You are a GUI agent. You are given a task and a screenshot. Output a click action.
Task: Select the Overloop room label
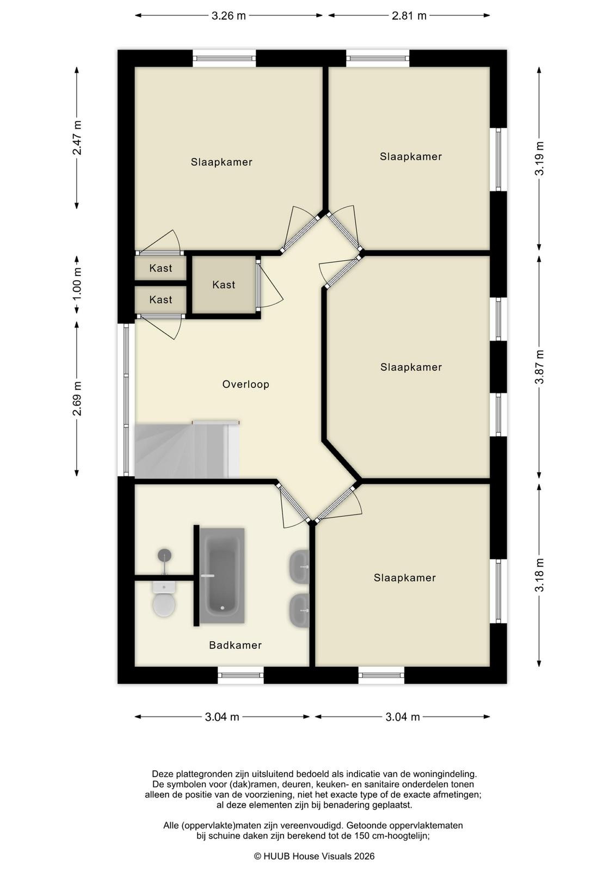coord(245,384)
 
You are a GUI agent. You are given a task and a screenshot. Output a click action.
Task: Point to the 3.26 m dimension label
coord(229,16)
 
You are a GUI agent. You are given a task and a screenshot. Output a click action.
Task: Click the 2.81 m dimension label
coord(409,16)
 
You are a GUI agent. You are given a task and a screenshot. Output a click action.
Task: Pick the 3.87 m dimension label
coord(539,367)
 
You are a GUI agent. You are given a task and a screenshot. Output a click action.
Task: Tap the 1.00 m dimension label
coord(77,284)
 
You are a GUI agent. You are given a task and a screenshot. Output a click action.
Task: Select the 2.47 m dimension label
coord(77,138)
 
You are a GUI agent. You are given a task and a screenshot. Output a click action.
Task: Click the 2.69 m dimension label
coord(77,398)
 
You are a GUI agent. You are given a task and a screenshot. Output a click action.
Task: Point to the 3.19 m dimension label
coord(539,158)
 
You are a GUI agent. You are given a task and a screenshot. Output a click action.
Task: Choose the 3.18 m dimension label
coord(539,574)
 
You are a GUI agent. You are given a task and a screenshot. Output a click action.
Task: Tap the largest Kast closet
coord(224,285)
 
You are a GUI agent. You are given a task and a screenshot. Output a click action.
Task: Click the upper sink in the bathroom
coord(299,567)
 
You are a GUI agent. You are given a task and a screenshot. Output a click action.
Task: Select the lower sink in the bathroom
coord(299,610)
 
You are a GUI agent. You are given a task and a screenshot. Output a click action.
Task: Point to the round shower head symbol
coord(165,555)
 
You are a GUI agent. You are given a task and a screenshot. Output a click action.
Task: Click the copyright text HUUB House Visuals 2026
coord(314,856)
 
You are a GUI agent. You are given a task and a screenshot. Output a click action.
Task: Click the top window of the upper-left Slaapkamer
coord(224,59)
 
